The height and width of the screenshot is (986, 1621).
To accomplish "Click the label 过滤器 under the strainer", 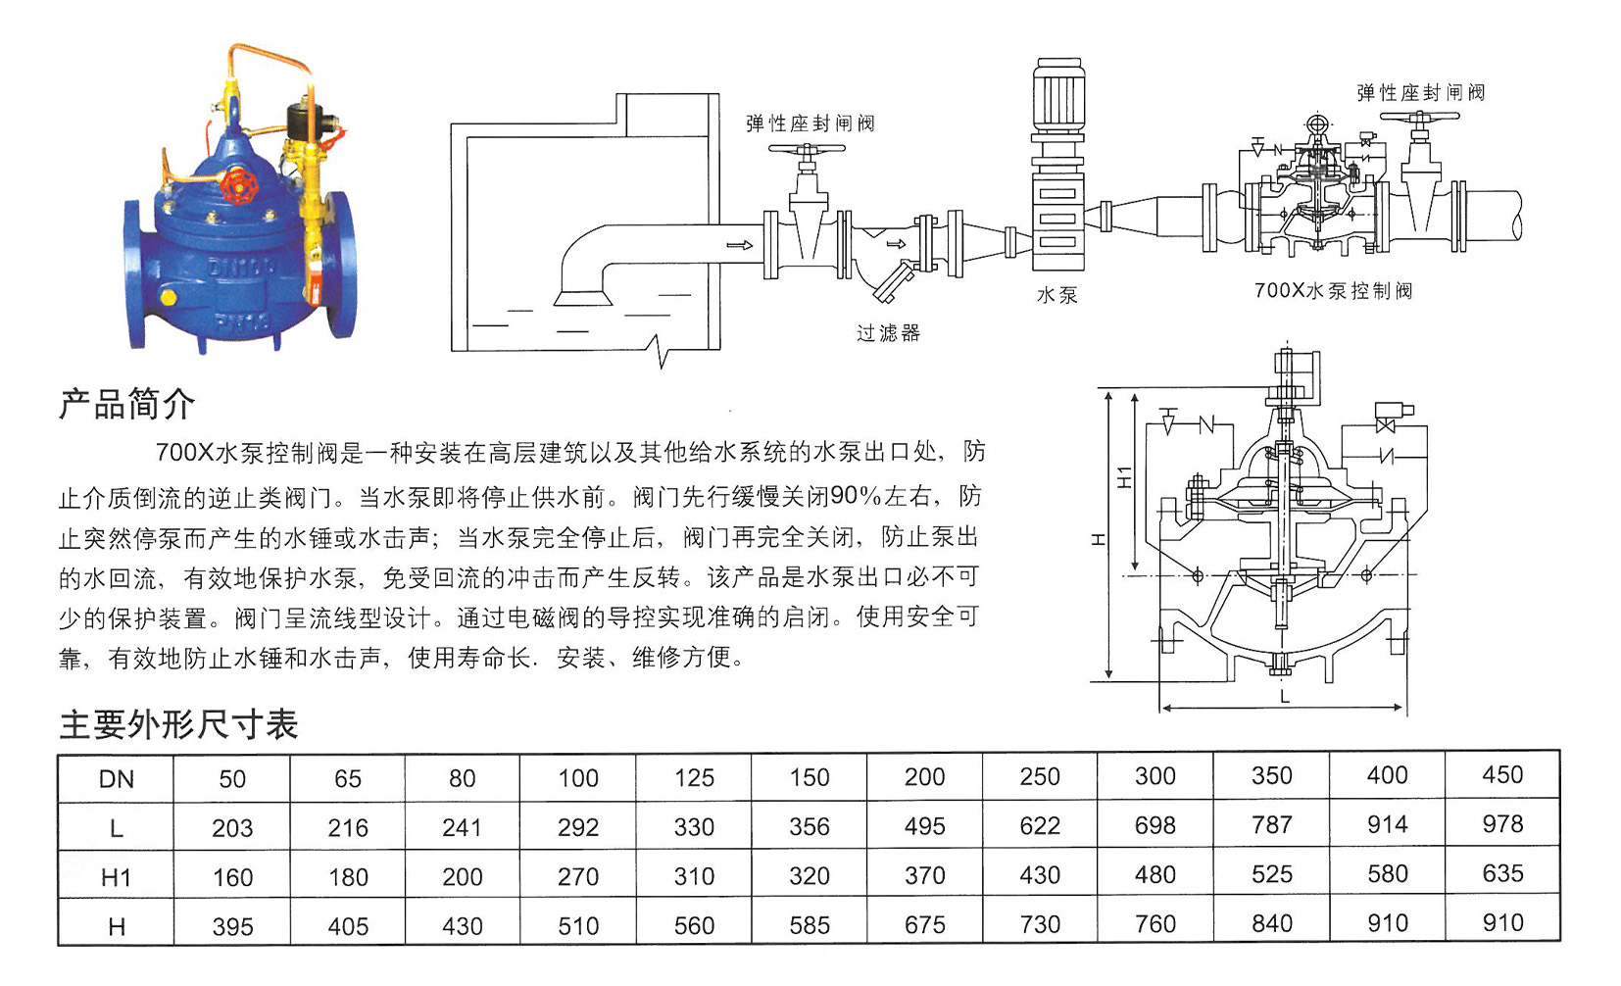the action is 888,333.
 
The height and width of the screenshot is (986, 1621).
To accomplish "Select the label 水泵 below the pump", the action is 1057,295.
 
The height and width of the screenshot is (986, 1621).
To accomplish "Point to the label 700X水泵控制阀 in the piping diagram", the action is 1334,291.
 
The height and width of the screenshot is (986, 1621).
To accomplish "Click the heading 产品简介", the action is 127,403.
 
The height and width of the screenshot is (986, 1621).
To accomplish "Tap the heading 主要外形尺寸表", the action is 178,724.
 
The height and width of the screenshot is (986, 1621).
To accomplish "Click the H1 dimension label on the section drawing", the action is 1124,476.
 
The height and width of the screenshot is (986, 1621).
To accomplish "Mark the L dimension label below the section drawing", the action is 1285,697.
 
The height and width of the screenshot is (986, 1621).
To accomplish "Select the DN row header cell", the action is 117,779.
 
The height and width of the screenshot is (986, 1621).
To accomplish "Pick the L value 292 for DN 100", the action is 577,827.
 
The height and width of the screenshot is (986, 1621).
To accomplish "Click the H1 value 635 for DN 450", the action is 1502,873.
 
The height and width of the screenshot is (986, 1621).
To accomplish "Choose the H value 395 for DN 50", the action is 232,926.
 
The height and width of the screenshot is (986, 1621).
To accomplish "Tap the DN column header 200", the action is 924,777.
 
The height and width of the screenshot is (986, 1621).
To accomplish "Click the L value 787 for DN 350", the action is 1271,824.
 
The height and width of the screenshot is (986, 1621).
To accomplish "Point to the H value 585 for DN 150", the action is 810,925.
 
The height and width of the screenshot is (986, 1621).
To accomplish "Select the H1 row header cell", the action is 117,877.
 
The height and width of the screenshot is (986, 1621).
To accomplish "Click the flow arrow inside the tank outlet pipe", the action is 740,245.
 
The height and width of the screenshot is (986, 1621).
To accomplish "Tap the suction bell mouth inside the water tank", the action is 582,298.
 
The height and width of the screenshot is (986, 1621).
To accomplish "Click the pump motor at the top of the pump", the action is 1058,95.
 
